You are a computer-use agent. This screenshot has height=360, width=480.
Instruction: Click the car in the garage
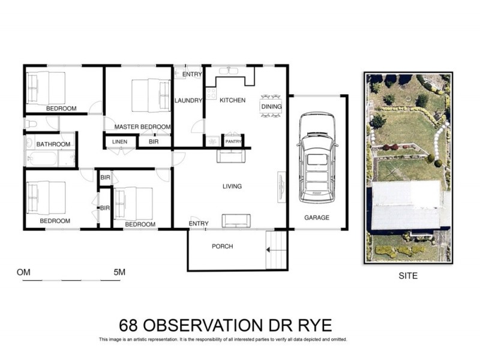317,157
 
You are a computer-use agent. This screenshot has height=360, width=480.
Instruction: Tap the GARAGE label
316,217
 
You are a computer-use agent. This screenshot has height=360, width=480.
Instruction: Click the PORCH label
222,247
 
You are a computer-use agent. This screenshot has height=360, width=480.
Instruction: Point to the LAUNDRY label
188,100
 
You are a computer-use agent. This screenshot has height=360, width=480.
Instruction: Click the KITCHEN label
232,100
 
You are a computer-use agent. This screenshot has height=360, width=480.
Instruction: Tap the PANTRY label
233,142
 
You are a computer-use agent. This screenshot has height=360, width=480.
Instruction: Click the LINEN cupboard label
119,142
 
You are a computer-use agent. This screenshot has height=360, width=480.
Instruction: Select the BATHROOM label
53,144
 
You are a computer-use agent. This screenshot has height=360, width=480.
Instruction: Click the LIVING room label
232,187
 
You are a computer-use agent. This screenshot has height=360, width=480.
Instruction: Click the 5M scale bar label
119,272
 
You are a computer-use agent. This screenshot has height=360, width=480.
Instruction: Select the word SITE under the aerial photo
408,277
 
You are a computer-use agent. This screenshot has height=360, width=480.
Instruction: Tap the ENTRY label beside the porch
199,224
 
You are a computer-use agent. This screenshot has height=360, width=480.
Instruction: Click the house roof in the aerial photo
408,207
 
